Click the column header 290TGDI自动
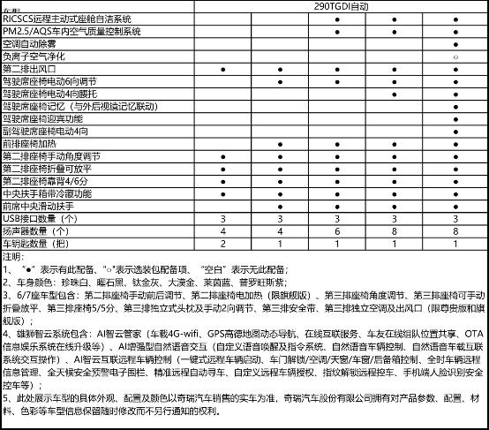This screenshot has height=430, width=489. (x=338, y=6)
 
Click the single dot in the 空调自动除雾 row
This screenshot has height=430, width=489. (x=454, y=42)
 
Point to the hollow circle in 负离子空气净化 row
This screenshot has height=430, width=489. (x=454, y=56)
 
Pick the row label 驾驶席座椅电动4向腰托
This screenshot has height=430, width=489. (x=55, y=93)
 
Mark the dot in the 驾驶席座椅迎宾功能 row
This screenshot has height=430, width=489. (x=454, y=118)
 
